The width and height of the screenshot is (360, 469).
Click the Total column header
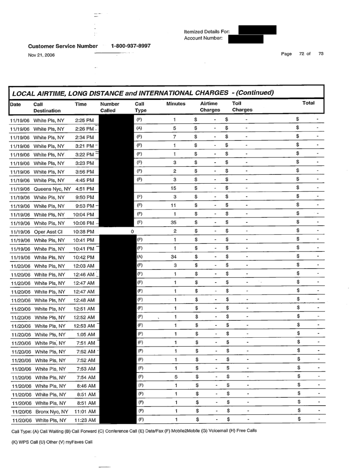308,103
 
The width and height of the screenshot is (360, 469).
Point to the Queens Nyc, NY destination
51,189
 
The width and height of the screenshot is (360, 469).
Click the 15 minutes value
175,189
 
